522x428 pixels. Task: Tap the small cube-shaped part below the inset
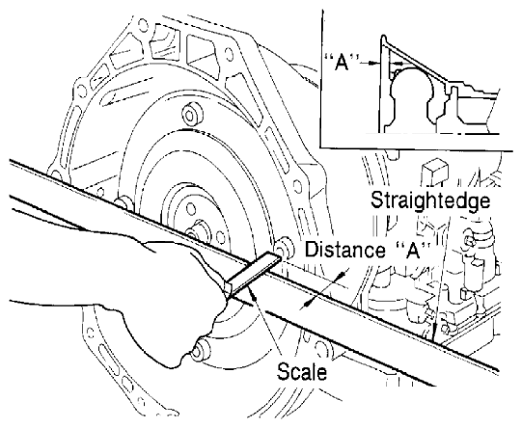pyautogui.click(x=431, y=167)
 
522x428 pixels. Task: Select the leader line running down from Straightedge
pyautogui.click(x=440, y=270)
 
